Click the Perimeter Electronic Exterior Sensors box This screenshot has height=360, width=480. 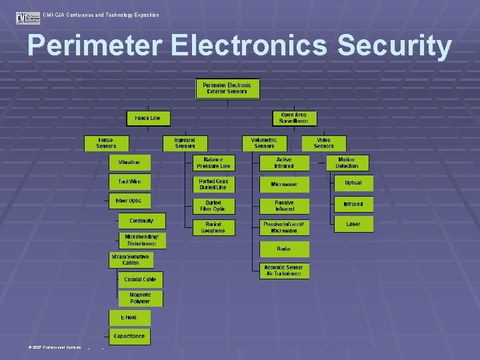tap(227, 88)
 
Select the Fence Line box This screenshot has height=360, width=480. tap(147, 118)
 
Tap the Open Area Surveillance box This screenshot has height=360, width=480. tap(294, 118)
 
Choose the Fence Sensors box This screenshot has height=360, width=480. tap(105, 143)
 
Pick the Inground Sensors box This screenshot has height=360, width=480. tap(185, 143)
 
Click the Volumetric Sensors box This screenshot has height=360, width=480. tap(264, 143)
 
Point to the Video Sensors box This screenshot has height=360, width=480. tap(323, 143)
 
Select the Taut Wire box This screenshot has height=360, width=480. tap(129, 181)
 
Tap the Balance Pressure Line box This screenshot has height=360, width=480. tap(213, 163)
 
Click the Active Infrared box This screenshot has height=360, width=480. tap(284, 163)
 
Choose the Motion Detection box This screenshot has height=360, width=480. tap(347, 163)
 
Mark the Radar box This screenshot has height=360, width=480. tap(284, 249)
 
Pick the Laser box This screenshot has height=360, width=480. tap(353, 224)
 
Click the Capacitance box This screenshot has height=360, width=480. tap(129, 336)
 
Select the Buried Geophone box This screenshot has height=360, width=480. tap(213, 227)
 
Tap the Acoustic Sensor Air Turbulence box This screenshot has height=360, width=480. tap(284, 271)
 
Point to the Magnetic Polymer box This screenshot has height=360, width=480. tap(140, 297)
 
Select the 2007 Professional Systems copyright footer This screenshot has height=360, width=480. tap(55, 347)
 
